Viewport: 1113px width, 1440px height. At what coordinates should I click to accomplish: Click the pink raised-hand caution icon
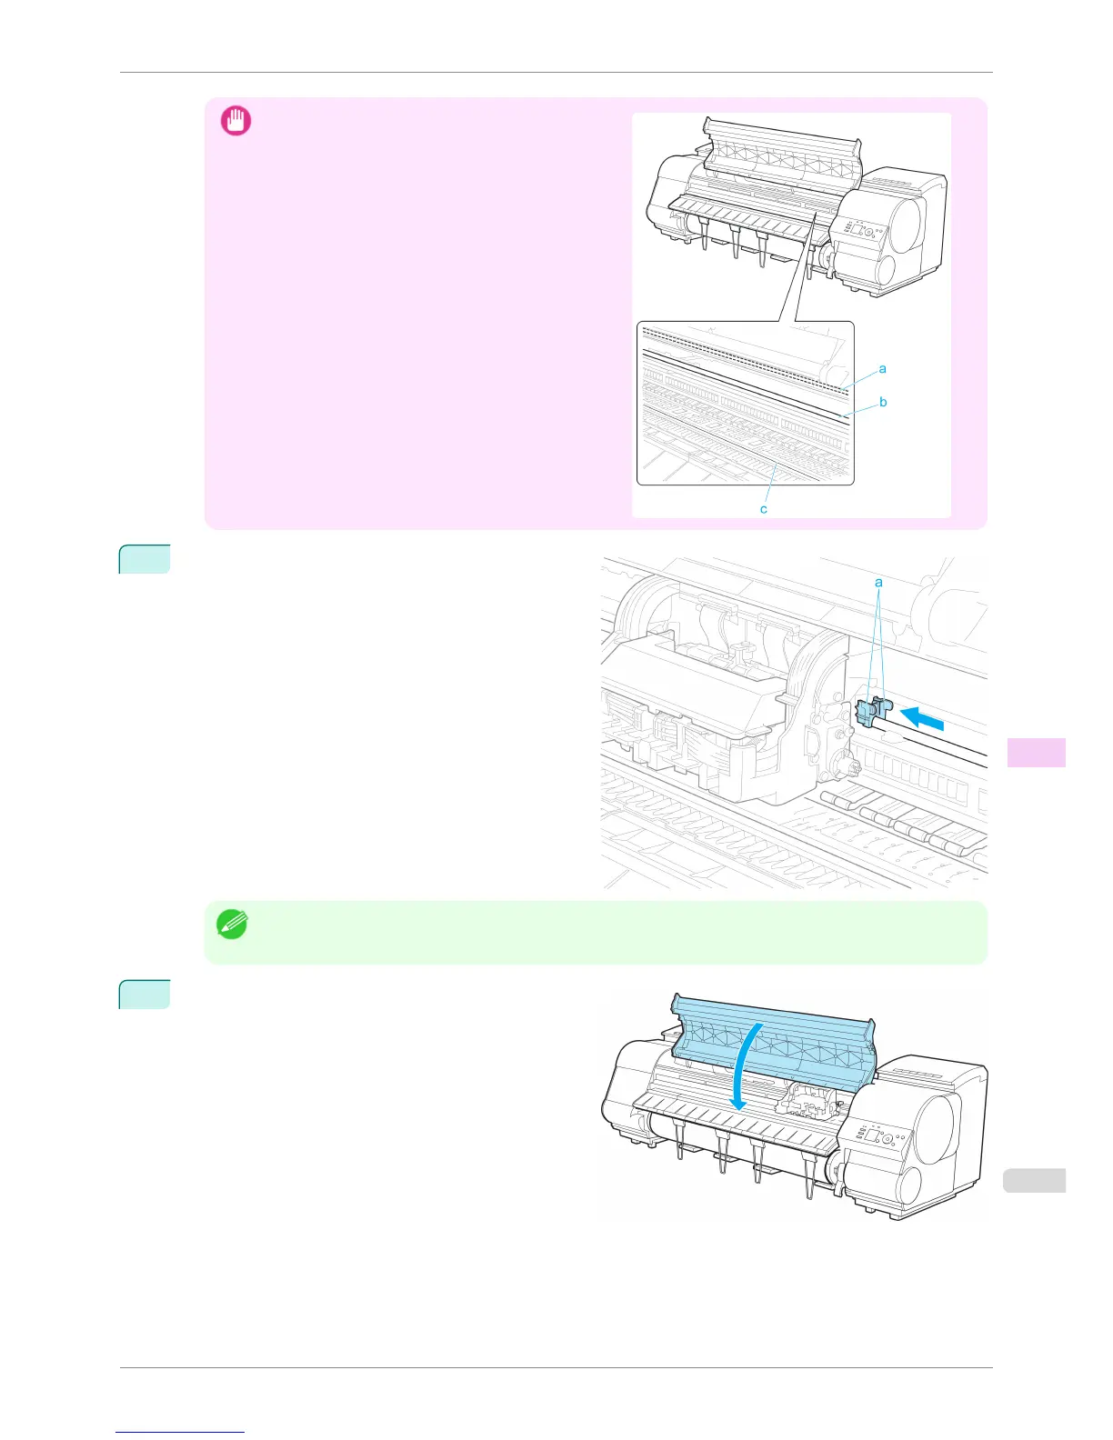point(236,121)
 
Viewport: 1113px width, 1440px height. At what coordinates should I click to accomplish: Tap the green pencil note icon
point(231,925)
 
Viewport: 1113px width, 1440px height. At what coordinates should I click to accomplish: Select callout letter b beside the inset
point(883,402)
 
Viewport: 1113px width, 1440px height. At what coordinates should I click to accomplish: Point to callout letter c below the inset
point(764,509)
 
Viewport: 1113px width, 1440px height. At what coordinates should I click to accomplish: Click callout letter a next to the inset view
point(882,369)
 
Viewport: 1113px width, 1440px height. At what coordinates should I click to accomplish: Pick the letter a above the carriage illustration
point(878,582)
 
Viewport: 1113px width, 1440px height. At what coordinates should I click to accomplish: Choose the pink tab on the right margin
point(1037,753)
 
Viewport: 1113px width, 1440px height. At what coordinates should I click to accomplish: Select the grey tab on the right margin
point(1037,1181)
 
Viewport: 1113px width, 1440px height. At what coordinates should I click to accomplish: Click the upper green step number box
point(145,559)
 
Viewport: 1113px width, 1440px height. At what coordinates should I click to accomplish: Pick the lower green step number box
point(145,995)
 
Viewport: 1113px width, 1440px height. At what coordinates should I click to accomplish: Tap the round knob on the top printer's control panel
point(868,233)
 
